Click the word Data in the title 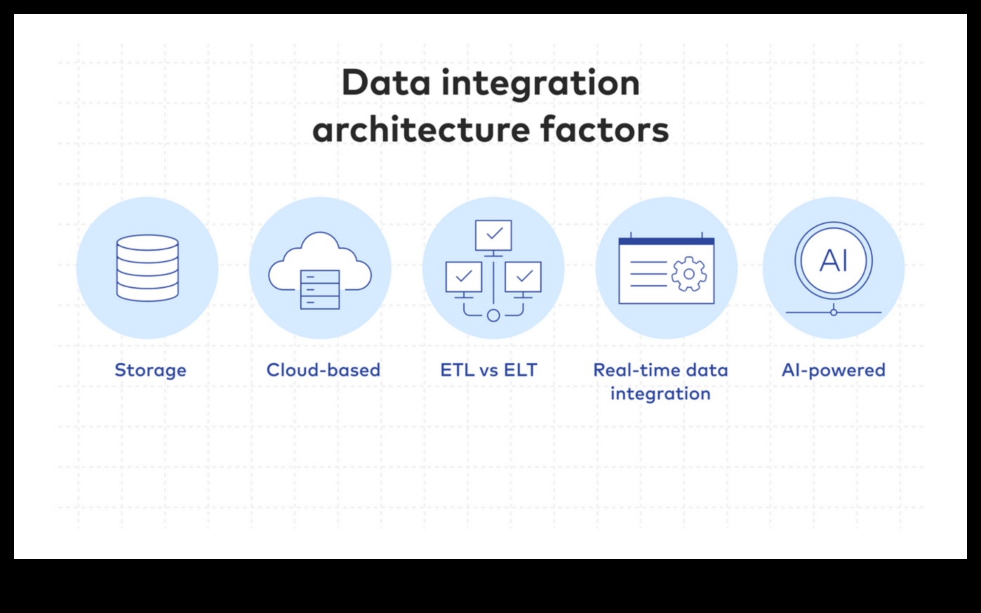386,83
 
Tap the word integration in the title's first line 541,85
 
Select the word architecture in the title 421,130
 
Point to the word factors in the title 605,130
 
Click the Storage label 150,371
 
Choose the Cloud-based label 323,370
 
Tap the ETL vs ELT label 488,370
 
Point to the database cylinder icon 147,268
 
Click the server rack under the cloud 320,289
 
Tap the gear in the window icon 689,274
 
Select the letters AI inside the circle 834,261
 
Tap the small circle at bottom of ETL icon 493,315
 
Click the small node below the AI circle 834,312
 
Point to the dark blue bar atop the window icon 667,242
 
